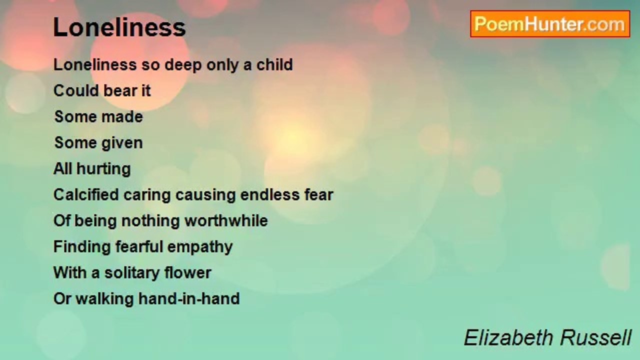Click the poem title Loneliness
pyautogui.click(x=119, y=27)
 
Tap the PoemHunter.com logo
pyautogui.click(x=550, y=24)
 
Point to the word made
pyautogui.click(x=122, y=117)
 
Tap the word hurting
pyautogui.click(x=103, y=169)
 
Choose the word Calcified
pyautogui.click(x=86, y=195)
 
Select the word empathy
pyautogui.click(x=200, y=247)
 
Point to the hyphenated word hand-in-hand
pyautogui.click(x=189, y=299)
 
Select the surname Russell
pyautogui.click(x=595, y=338)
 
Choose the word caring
pyautogui.click(x=147, y=195)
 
